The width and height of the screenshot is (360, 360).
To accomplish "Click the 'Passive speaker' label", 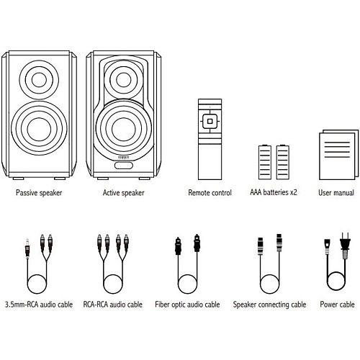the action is (39, 193).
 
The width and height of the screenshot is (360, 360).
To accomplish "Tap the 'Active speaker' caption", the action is (124, 193).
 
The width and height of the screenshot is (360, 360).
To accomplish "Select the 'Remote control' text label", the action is (210, 193).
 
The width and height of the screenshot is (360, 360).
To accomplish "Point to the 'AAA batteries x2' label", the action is (274, 192).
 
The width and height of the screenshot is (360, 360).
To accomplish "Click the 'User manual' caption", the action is (336, 193).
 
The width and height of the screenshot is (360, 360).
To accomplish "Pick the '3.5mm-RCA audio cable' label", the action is (39, 305).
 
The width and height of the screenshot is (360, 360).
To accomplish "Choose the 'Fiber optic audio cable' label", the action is (187, 305).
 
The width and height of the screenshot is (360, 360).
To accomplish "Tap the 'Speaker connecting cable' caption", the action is (269, 305).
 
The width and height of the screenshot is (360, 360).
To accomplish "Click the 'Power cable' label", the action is (337, 305).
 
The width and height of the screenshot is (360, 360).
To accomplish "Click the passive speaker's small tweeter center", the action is (39, 80).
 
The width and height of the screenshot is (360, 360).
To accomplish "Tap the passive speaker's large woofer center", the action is (39, 129).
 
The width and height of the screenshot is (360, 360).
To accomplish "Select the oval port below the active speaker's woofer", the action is (124, 166).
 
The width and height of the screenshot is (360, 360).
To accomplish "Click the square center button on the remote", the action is (210, 121).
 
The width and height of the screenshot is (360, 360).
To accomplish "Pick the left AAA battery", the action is (265, 162).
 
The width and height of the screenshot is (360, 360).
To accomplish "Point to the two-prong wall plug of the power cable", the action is (345, 246).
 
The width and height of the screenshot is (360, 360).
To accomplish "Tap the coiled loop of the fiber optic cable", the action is (187, 284).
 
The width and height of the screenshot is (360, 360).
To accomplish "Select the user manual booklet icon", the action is (338, 155).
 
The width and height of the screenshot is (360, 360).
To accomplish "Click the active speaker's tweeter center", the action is (124, 80).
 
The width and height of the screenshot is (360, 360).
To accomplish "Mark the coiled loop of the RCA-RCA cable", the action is (113, 284).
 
